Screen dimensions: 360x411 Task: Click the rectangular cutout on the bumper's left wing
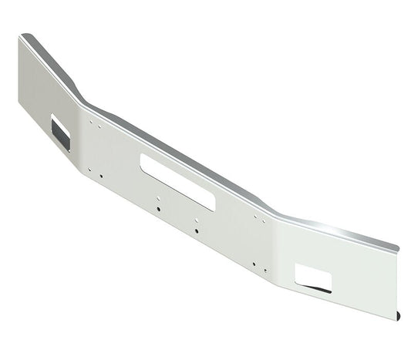tap(60, 132)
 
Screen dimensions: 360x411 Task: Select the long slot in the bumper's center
tap(177, 180)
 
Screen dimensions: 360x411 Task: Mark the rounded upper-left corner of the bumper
tap(26, 36)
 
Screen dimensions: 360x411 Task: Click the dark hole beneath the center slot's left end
tap(158, 208)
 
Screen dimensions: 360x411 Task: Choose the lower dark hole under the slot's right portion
tap(197, 230)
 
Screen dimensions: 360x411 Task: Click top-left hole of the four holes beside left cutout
tap(90, 121)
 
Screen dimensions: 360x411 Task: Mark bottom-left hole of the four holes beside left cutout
tap(90, 170)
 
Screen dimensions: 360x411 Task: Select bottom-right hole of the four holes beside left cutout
tap(101, 176)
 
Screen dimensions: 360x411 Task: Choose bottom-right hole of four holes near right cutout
tap(265, 270)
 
